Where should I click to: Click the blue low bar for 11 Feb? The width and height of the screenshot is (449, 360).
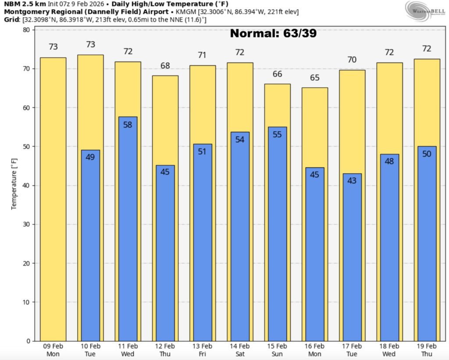(x=128, y=228)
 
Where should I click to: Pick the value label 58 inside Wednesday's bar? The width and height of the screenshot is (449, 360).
(x=128, y=125)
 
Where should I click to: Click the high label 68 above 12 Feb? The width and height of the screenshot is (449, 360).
(x=165, y=66)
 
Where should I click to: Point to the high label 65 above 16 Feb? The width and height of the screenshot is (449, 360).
(x=314, y=78)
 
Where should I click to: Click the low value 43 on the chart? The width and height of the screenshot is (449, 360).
(x=352, y=180)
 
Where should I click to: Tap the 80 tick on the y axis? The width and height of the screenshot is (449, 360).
(x=26, y=30)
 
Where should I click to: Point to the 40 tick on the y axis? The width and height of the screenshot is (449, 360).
(x=26, y=185)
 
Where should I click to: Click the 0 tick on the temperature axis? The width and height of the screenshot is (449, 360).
(x=28, y=341)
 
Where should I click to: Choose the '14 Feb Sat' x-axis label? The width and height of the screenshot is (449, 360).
(x=240, y=350)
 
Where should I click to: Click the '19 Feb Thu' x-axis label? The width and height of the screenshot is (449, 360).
(x=426, y=350)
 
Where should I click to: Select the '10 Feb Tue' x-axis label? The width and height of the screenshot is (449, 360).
(x=90, y=350)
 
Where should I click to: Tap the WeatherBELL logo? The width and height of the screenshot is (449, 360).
(x=423, y=10)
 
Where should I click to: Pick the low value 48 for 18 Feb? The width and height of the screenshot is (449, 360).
(x=389, y=161)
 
